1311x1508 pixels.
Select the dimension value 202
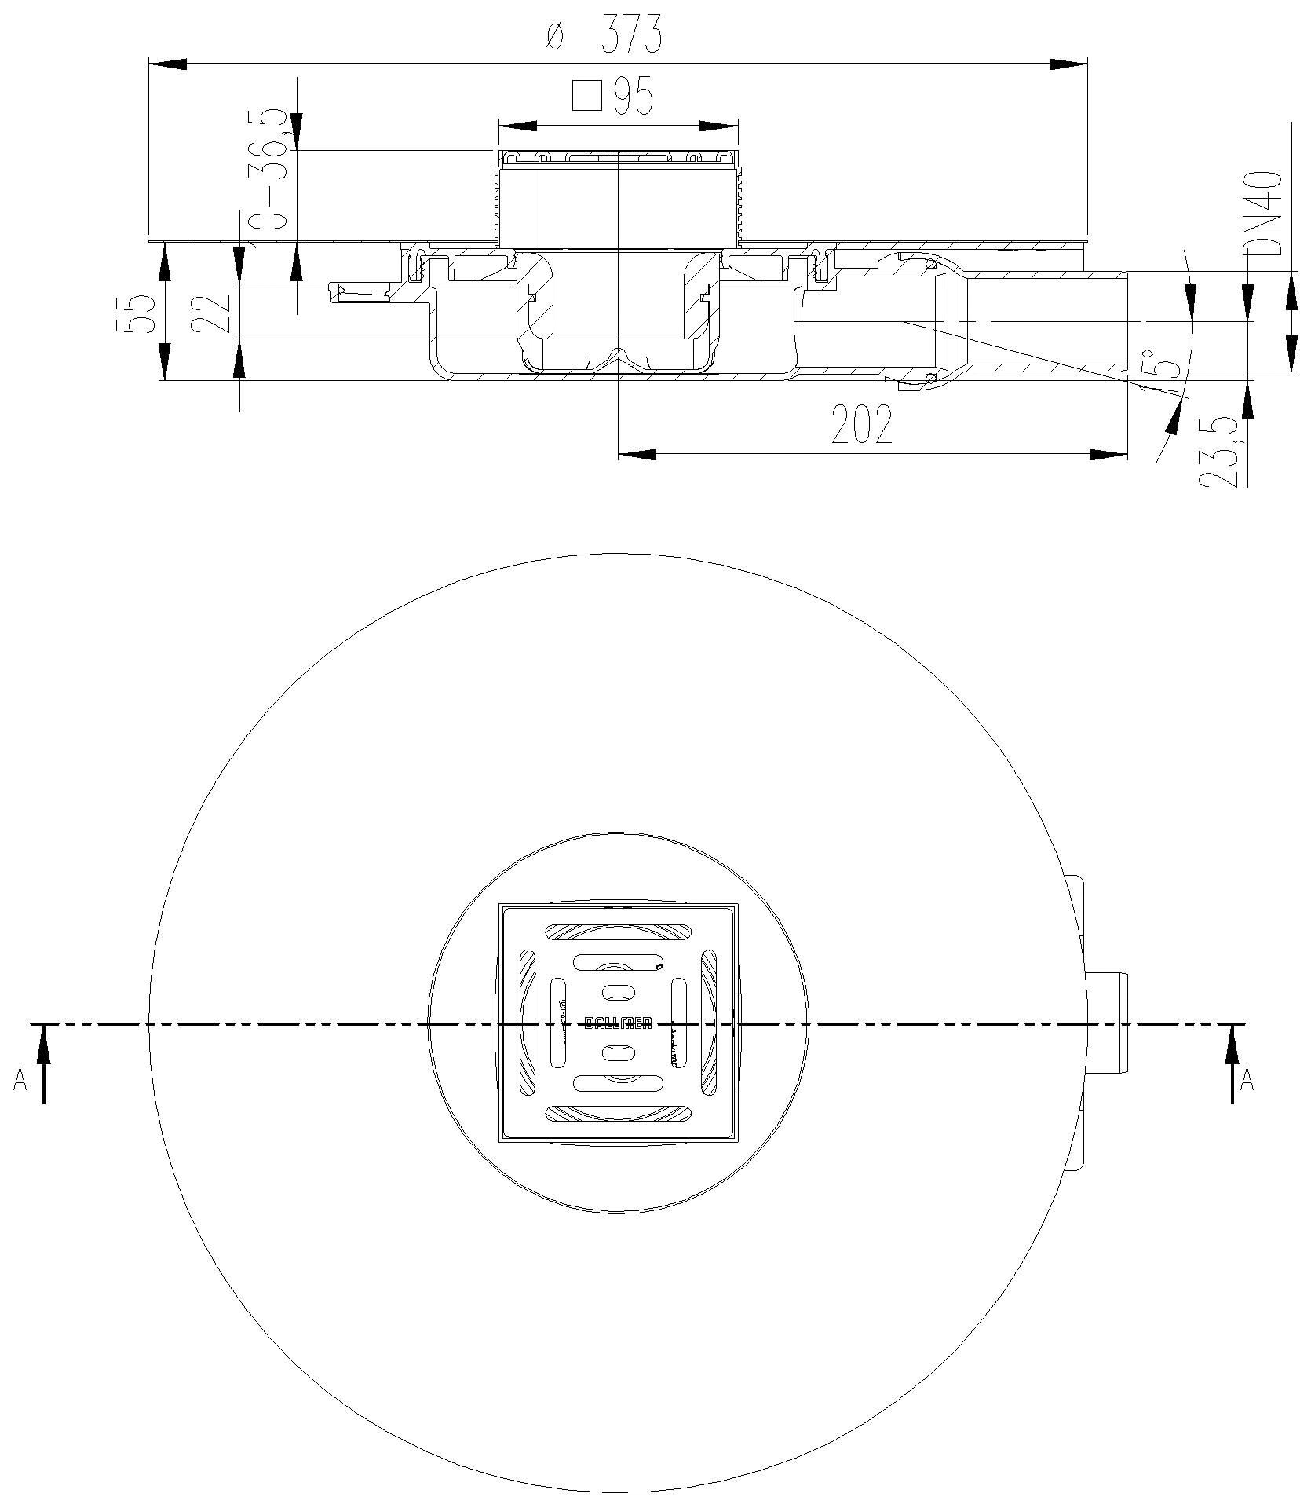(861, 425)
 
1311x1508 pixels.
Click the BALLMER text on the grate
(618, 1023)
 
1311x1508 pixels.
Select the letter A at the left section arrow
(20, 1082)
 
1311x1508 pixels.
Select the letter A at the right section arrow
(1247, 1082)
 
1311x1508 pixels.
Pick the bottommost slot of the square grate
(619, 1114)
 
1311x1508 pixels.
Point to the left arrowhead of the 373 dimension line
(167, 64)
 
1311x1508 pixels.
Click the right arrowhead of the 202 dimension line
(1108, 454)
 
